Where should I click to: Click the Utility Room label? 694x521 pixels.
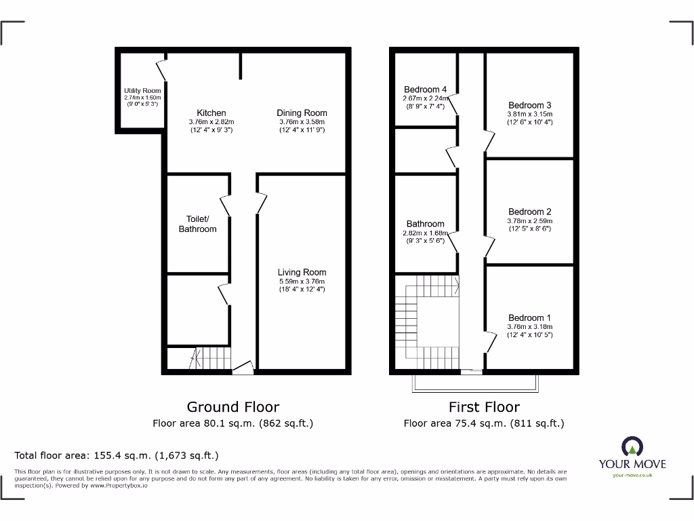pyautogui.click(x=142, y=91)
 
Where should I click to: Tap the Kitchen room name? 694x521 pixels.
pyautogui.click(x=211, y=113)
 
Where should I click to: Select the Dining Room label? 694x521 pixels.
pyautogui.click(x=302, y=113)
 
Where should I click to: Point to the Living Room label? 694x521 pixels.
pyautogui.click(x=302, y=272)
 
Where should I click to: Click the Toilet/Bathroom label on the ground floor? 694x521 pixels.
pyautogui.click(x=197, y=224)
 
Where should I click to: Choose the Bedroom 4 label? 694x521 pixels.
pyautogui.click(x=425, y=90)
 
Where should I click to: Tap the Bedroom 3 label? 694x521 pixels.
pyautogui.click(x=529, y=105)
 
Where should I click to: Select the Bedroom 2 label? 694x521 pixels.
pyautogui.click(x=529, y=212)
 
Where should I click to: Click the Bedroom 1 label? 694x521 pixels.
pyautogui.click(x=529, y=317)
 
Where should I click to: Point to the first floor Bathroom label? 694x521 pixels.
pyautogui.click(x=425, y=224)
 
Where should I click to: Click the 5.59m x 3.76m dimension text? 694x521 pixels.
pyautogui.click(x=302, y=282)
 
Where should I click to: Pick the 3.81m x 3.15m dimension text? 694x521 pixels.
pyautogui.click(x=529, y=114)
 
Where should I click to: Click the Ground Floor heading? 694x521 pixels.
pyautogui.click(x=232, y=407)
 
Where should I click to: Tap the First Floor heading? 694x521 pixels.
pyautogui.click(x=484, y=407)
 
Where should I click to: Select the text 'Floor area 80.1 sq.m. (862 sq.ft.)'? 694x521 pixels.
pyautogui.click(x=232, y=423)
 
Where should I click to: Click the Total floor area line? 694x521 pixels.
pyautogui.click(x=117, y=456)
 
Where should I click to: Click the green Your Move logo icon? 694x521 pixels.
pyautogui.click(x=632, y=446)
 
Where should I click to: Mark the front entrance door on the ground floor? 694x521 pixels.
pyautogui.click(x=243, y=368)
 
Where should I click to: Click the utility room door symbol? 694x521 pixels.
pyautogui.click(x=162, y=70)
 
